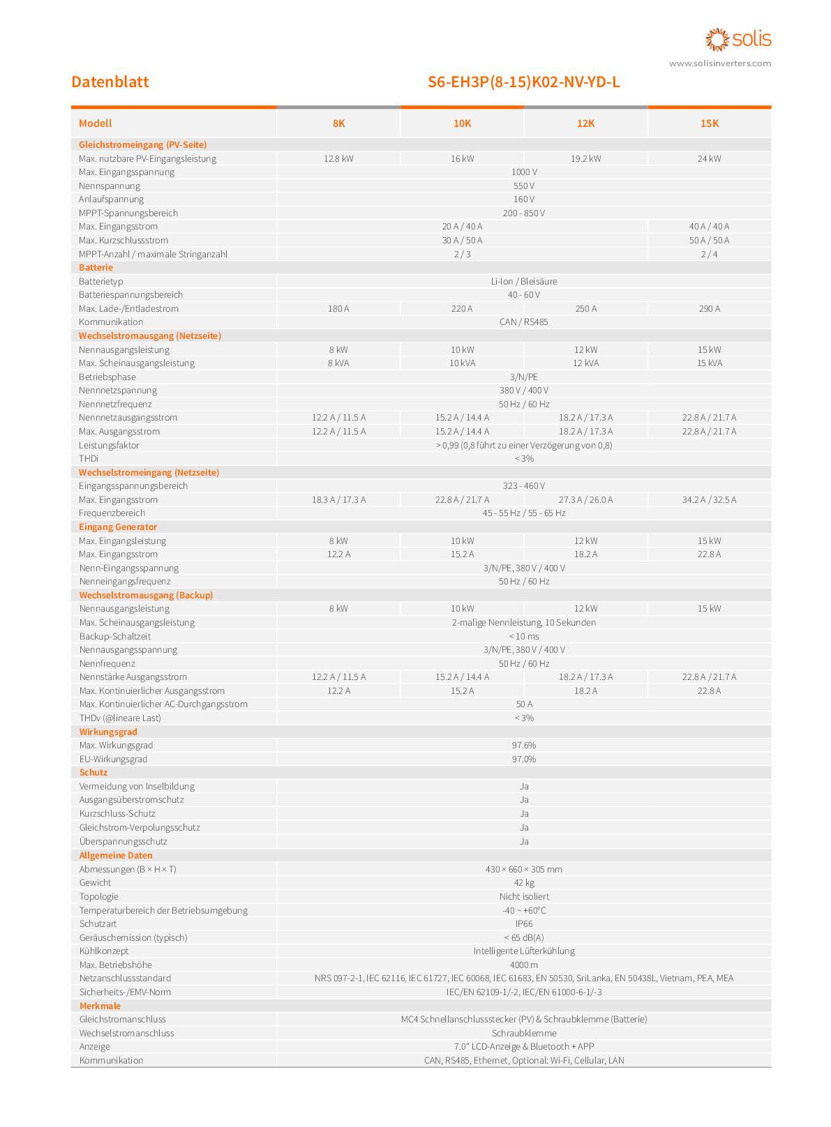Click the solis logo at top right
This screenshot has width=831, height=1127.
tap(738, 39)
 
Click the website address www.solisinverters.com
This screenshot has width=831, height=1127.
tap(719, 63)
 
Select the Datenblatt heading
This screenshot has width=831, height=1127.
tap(110, 82)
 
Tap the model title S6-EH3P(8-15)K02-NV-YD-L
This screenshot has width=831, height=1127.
tap(523, 82)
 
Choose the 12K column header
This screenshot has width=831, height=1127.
tap(585, 123)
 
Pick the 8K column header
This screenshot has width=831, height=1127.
tap(338, 123)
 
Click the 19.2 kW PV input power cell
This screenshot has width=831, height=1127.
tap(585, 158)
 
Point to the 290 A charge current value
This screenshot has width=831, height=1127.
tap(709, 308)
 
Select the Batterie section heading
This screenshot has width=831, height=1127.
tap(96, 268)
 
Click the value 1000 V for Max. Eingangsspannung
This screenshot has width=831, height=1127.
tap(524, 172)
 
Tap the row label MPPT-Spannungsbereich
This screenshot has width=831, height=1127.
tap(128, 213)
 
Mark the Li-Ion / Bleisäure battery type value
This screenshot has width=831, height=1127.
tap(524, 282)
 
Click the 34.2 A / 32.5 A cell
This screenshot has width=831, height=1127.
tap(709, 499)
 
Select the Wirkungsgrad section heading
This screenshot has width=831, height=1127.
tap(108, 732)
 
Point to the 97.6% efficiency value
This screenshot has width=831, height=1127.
tap(524, 746)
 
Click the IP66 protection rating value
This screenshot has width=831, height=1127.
tap(524, 923)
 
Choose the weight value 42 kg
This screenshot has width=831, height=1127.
tap(524, 882)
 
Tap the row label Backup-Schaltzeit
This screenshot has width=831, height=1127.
tap(114, 636)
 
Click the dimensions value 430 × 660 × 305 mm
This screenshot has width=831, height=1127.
tap(524, 869)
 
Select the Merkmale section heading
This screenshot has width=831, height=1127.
tap(100, 1006)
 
